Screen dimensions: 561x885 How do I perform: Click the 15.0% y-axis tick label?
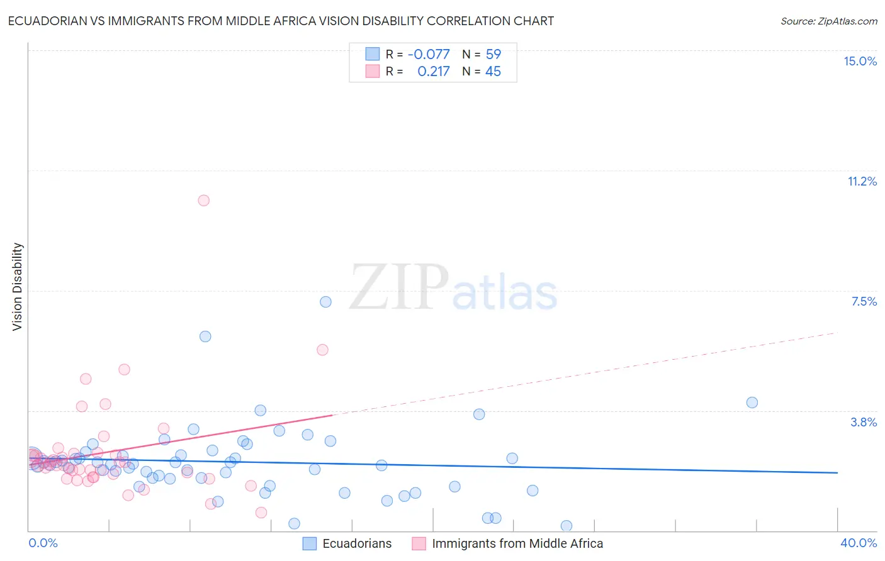(x=860, y=61)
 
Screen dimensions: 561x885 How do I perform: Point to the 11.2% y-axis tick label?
(x=862, y=181)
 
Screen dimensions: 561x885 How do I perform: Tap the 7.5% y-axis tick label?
(x=864, y=301)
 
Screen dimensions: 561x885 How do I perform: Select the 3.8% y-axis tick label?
(x=864, y=422)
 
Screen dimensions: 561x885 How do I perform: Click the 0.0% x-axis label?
(x=43, y=543)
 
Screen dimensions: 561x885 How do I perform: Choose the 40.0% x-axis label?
(x=858, y=543)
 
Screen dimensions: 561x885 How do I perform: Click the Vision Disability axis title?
(x=18, y=286)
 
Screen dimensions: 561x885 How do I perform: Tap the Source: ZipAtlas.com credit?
(x=828, y=21)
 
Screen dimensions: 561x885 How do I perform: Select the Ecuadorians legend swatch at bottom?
(x=309, y=543)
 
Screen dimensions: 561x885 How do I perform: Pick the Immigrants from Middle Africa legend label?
(x=517, y=543)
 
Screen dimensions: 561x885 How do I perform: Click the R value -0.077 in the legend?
(x=429, y=55)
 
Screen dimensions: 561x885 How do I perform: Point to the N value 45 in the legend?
(x=493, y=72)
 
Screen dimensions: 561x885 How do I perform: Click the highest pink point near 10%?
(x=203, y=201)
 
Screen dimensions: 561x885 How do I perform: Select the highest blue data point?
(x=325, y=302)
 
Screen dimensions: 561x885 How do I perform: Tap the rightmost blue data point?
(x=752, y=403)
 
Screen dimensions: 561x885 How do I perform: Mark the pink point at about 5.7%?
(x=322, y=350)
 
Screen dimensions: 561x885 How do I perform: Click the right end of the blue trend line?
(x=837, y=472)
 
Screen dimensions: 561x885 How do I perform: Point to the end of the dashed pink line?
(x=837, y=332)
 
